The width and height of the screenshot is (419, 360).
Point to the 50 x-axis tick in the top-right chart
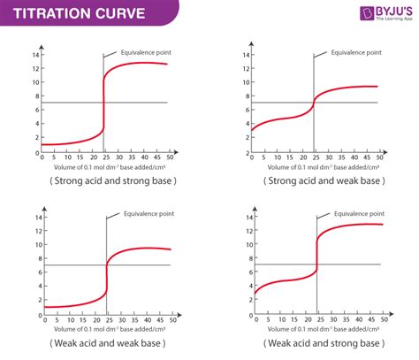click(379, 157)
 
